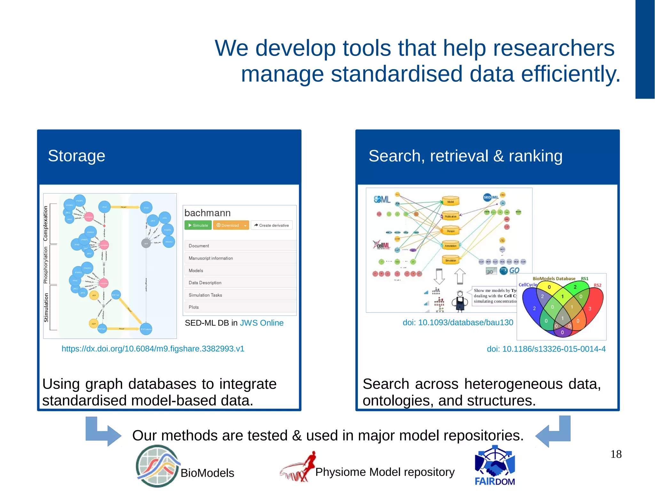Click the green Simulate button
[x=198, y=225]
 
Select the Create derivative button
[x=272, y=225]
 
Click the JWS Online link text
[x=262, y=323]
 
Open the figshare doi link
[x=153, y=349]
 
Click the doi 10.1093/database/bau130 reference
[x=458, y=322]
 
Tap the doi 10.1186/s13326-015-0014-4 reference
[x=546, y=349]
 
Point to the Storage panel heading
[x=76, y=156]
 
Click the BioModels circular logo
[x=157, y=466]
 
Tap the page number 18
[x=616, y=454]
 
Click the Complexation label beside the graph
[x=45, y=223]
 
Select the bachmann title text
[x=208, y=213]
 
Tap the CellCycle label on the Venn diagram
[x=527, y=285]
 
